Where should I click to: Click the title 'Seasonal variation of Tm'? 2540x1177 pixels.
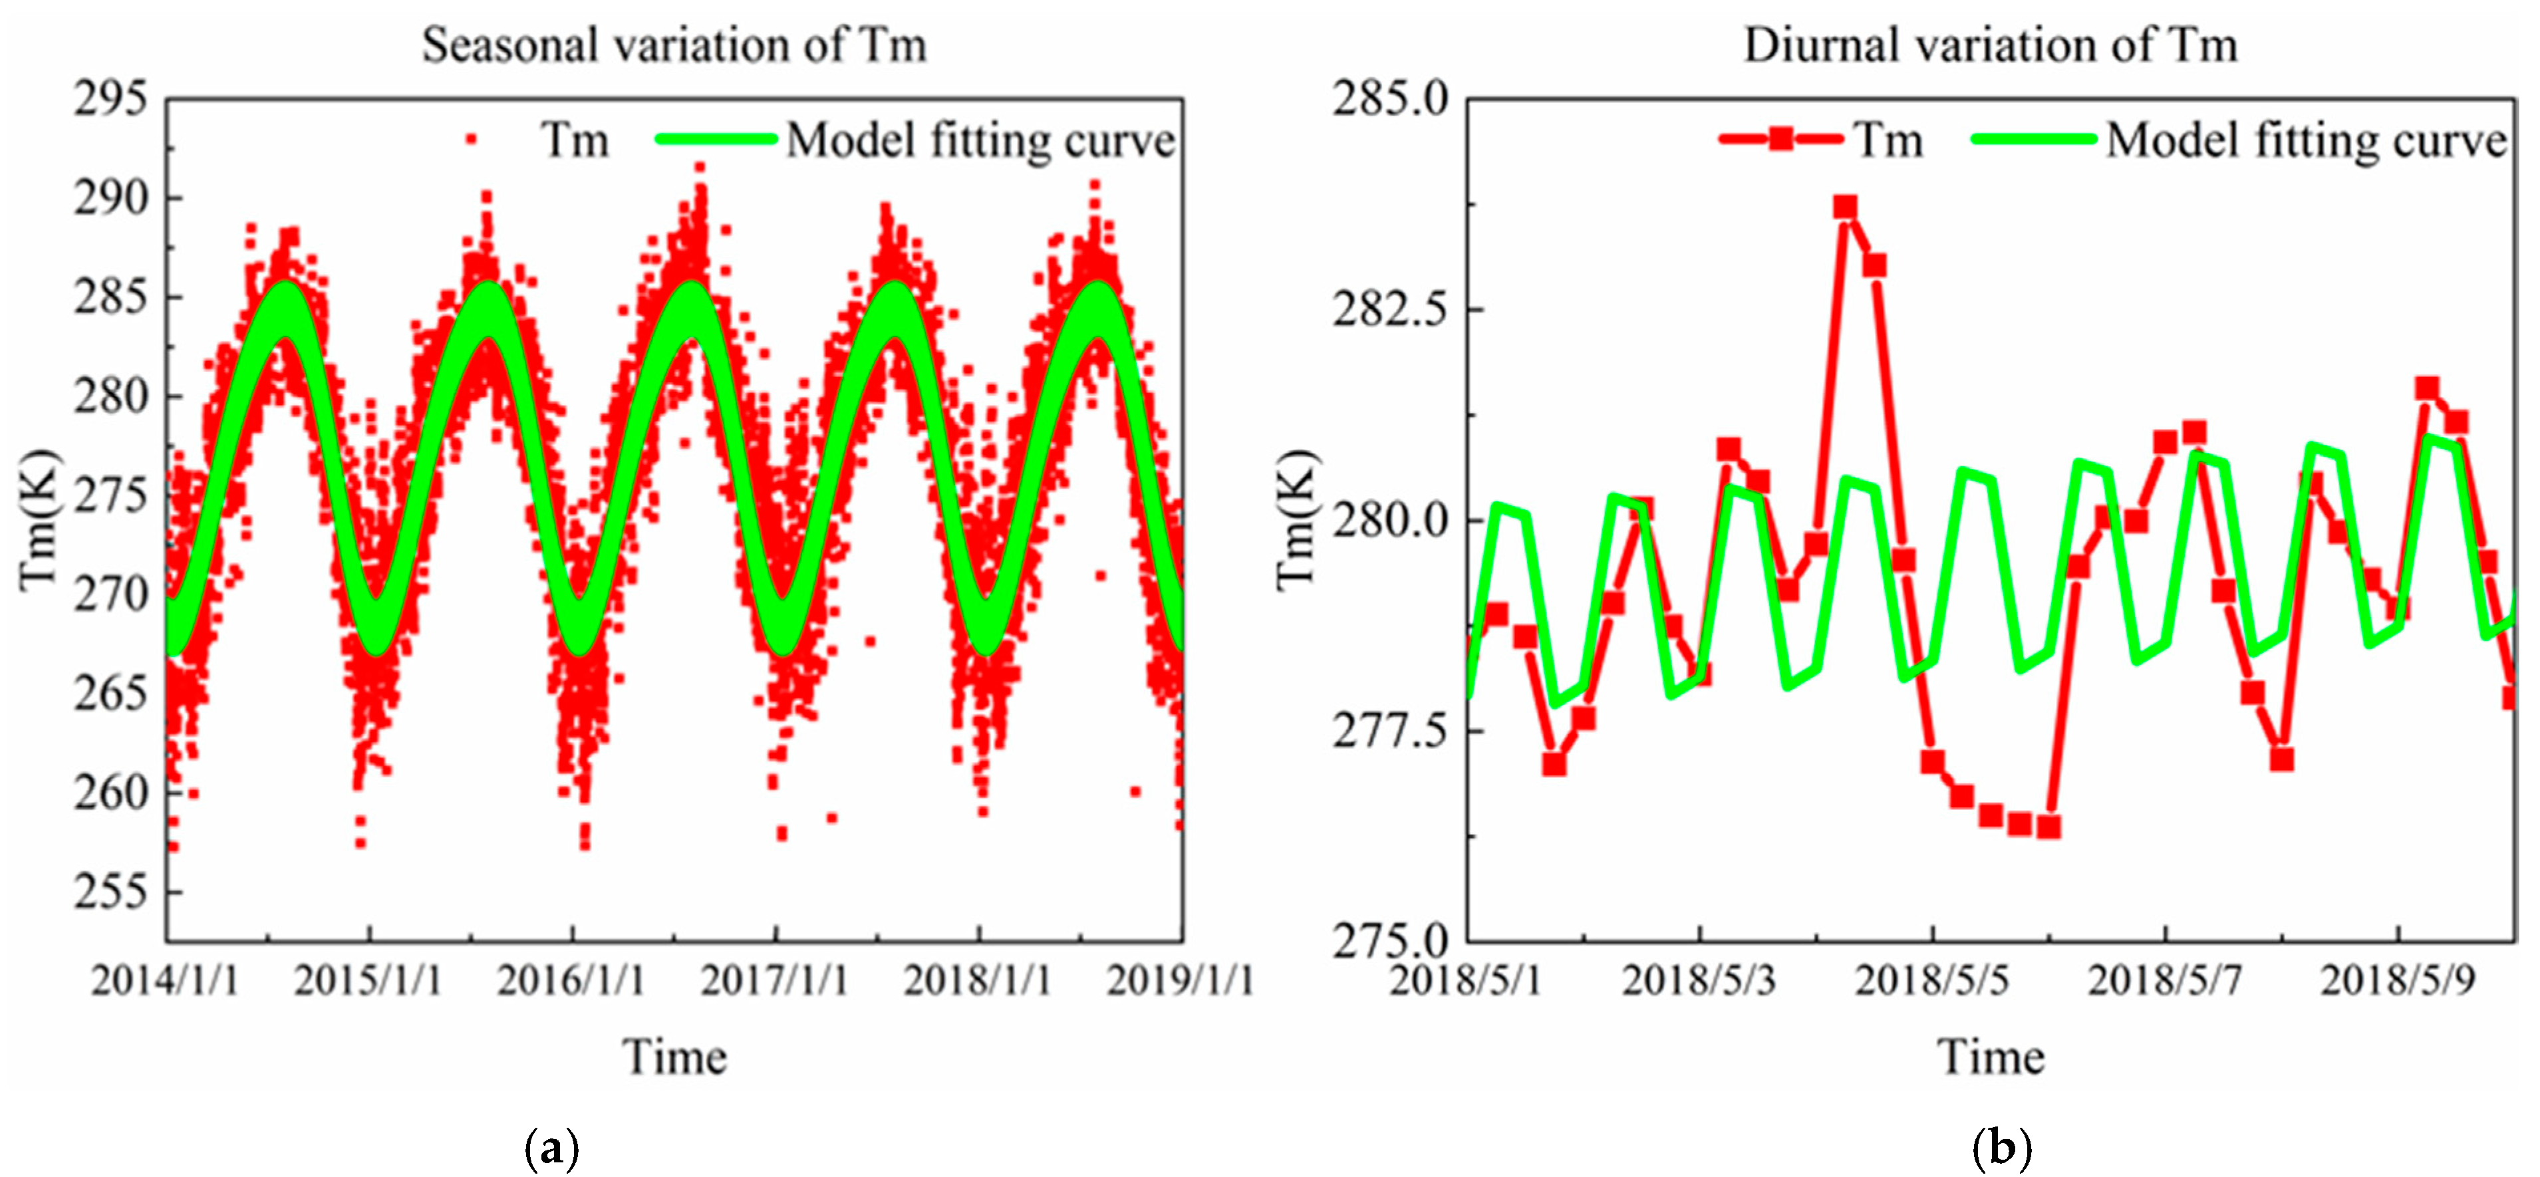point(674,45)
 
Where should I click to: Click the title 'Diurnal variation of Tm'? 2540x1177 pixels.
point(1990,45)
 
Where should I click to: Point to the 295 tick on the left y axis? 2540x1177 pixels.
point(110,100)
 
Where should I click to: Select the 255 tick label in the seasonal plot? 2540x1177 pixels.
point(110,892)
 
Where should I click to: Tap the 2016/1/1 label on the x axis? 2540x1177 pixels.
point(571,981)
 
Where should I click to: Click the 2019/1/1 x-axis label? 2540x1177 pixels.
point(1181,981)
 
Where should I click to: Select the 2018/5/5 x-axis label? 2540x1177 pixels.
point(1931,981)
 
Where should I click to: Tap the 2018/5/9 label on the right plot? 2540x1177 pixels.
point(2397,981)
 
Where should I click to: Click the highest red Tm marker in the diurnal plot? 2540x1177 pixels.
point(1845,207)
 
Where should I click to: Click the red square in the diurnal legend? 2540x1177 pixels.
point(1780,139)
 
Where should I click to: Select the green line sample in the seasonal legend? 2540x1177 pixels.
point(717,139)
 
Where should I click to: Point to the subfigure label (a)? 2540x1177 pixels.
point(551,1148)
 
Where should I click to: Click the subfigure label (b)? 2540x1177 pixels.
point(2003,1148)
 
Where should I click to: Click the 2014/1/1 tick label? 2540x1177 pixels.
point(165,981)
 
